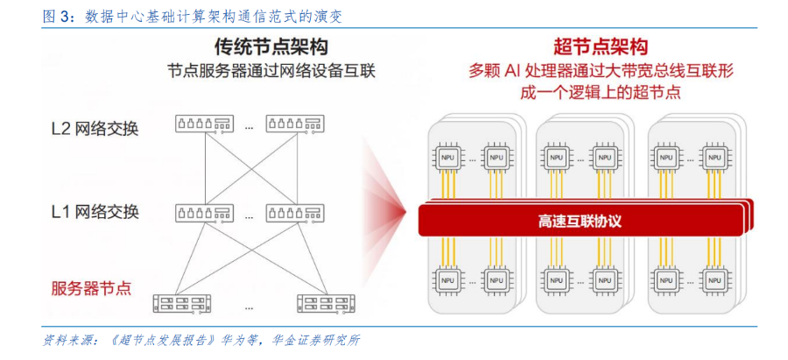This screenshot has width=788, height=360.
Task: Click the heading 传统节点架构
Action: click(271, 48)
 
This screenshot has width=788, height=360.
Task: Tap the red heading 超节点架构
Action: click(600, 47)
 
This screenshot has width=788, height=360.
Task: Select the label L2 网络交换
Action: click(95, 130)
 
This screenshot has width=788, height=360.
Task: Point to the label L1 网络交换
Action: click(95, 212)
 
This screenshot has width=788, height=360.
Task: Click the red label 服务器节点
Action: click(91, 288)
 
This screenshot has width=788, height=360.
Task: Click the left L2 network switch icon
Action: click(205, 124)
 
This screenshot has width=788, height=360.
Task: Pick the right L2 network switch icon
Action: click(296, 124)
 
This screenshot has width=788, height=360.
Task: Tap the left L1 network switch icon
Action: click(205, 213)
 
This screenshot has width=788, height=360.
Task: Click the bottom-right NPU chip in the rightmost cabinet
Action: click(714, 279)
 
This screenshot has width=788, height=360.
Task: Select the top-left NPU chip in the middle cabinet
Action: click(556, 157)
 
